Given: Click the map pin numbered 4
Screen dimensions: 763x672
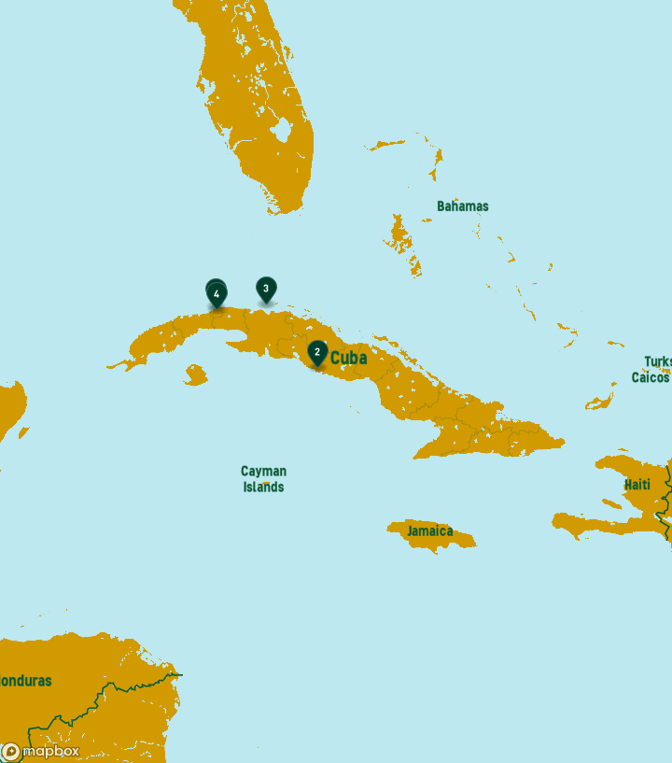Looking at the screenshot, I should point(217,294).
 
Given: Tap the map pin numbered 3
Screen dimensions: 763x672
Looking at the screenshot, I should point(266,289).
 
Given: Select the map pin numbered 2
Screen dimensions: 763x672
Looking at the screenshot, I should point(317,352).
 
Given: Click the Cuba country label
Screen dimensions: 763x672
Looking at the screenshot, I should point(349,358).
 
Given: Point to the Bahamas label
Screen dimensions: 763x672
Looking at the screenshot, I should point(462,206).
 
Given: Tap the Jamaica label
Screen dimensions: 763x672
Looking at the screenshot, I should point(429,531).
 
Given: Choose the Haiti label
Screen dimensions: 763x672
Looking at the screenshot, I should point(637,485).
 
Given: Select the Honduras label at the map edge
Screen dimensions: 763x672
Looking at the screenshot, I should point(25,681).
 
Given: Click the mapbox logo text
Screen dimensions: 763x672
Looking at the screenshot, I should point(50,751).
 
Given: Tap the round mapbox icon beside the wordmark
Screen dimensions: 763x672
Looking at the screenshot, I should point(11,751).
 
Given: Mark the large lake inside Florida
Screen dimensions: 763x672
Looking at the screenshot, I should point(282,130).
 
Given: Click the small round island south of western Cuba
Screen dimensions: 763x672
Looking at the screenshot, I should point(195,375).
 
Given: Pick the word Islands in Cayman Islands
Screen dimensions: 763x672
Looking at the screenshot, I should point(263,487).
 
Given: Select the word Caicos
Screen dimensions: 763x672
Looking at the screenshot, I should point(651,377).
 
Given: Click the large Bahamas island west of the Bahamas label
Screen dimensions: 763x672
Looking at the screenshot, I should point(401,233).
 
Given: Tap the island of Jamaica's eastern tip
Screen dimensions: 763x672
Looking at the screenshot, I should point(474,541).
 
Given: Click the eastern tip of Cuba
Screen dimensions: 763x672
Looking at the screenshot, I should point(563,441).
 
